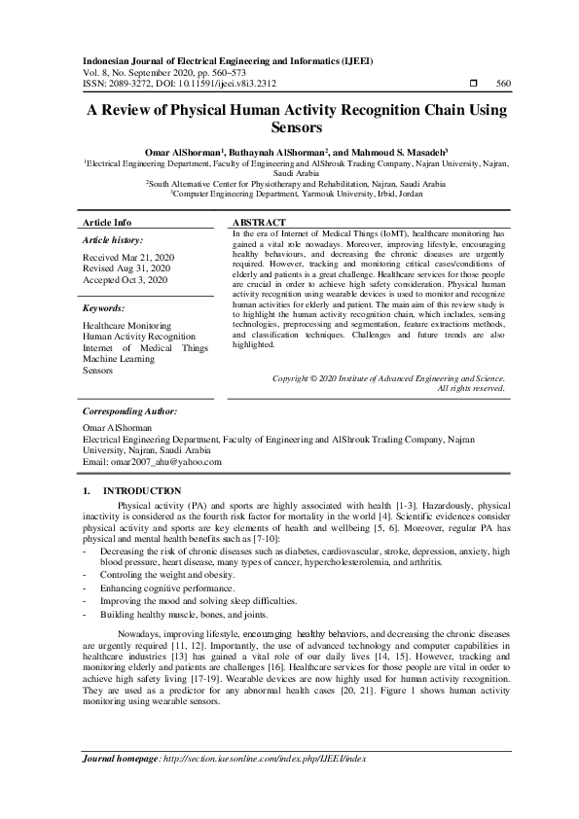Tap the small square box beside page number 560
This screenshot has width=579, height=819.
point(472,85)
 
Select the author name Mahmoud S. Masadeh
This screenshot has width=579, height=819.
point(424,152)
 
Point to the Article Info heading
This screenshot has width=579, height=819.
point(108,223)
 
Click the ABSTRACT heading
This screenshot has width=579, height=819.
point(259,223)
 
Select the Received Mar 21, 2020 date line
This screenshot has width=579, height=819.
point(127,257)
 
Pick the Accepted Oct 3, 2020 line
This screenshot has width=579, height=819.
point(125,280)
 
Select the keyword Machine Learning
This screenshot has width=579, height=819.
point(119,359)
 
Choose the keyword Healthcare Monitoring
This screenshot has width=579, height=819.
point(127,325)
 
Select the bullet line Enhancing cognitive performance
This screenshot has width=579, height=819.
point(166,588)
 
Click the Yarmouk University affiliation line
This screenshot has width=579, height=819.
point(296,194)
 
